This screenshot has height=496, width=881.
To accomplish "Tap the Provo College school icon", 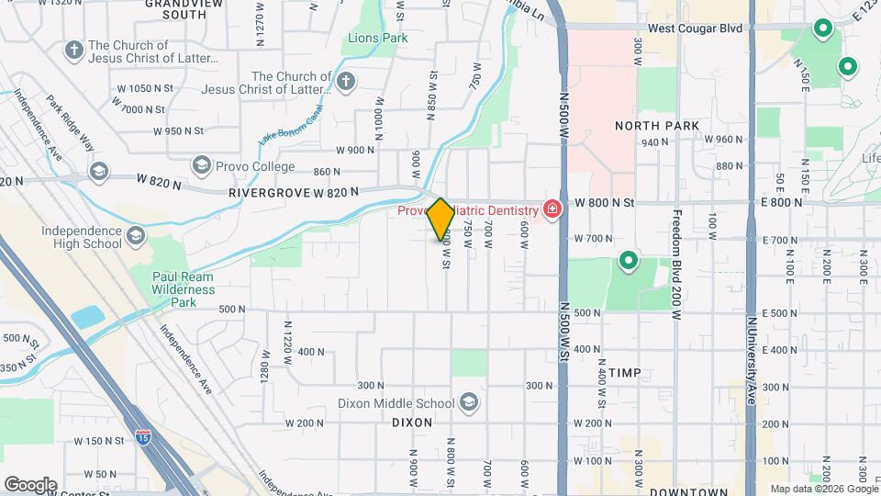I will coord(201,164).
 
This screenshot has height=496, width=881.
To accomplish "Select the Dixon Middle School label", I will coord(396,403).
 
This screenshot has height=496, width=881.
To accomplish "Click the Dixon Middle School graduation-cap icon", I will coord(469,402).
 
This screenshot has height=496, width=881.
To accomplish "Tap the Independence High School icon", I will coord(136,237).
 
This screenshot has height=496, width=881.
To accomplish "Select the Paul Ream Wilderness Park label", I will coord(184,289).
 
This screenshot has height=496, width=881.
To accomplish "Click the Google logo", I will coord(30,484).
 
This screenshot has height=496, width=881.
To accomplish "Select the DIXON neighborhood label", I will coord(411,423).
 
